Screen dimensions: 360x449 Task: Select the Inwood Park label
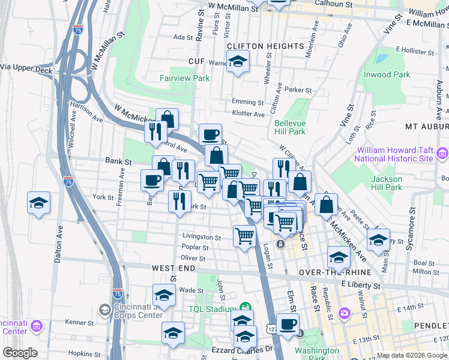387,74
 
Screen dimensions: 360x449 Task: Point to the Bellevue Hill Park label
290,127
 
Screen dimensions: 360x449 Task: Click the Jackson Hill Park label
387,183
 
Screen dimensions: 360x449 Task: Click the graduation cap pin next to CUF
238,61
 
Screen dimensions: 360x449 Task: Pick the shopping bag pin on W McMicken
167,119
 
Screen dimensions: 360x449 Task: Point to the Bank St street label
118,161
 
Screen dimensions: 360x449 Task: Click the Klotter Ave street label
249,114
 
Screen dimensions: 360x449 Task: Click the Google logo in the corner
20,353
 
